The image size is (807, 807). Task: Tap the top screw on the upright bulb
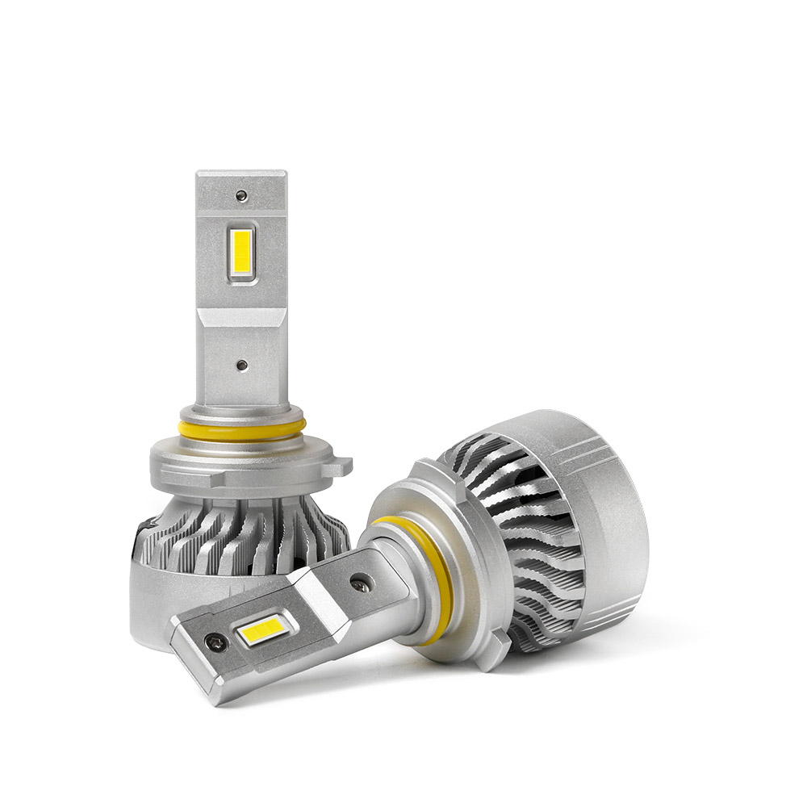coord(241,194)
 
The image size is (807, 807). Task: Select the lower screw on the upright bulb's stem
coord(241,365)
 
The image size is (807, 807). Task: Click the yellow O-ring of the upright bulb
coord(242,430)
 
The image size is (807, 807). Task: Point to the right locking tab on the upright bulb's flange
coord(343,466)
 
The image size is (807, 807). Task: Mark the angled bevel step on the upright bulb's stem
coord(241,316)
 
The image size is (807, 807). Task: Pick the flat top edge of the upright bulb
coord(241,173)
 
